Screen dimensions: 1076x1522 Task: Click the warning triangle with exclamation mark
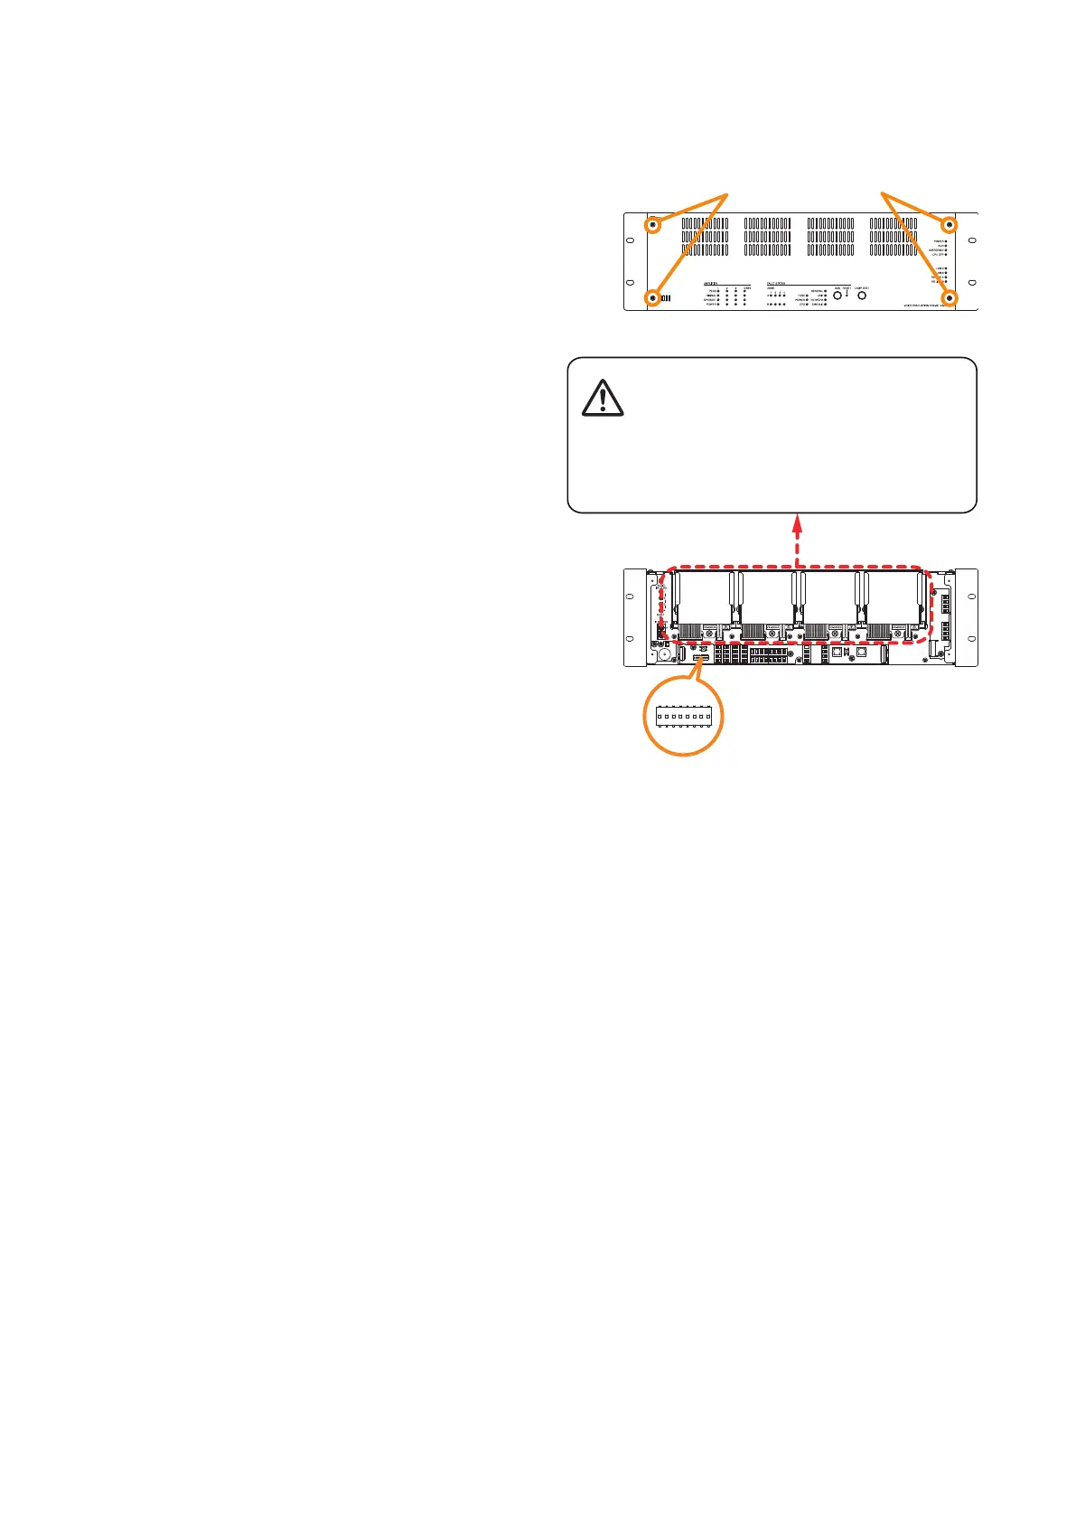tap(603, 399)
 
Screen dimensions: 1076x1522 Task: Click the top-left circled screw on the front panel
tap(651, 224)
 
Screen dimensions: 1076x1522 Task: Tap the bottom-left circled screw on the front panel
tap(651, 297)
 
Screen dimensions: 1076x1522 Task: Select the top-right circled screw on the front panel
tap(950, 224)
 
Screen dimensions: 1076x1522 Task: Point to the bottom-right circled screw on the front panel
tap(950, 297)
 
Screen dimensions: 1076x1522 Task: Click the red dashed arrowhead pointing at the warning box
tap(798, 521)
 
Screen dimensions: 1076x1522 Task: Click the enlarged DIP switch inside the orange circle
tap(684, 717)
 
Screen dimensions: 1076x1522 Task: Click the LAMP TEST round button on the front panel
tap(862, 296)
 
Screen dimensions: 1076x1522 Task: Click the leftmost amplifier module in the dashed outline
tap(706, 606)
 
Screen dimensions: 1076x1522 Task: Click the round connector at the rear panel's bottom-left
tap(664, 653)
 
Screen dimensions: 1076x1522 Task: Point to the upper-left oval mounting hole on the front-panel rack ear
tap(631, 241)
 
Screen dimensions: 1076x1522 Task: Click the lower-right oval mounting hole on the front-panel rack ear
tap(972, 284)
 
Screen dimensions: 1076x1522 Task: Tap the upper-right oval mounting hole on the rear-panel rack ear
tap(972, 597)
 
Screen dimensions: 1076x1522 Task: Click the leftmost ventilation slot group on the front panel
tap(705, 237)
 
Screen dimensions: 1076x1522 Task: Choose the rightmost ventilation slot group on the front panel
tap(894, 237)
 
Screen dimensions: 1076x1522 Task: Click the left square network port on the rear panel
tap(838, 651)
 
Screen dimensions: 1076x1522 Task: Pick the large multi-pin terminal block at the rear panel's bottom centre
tap(769, 654)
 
